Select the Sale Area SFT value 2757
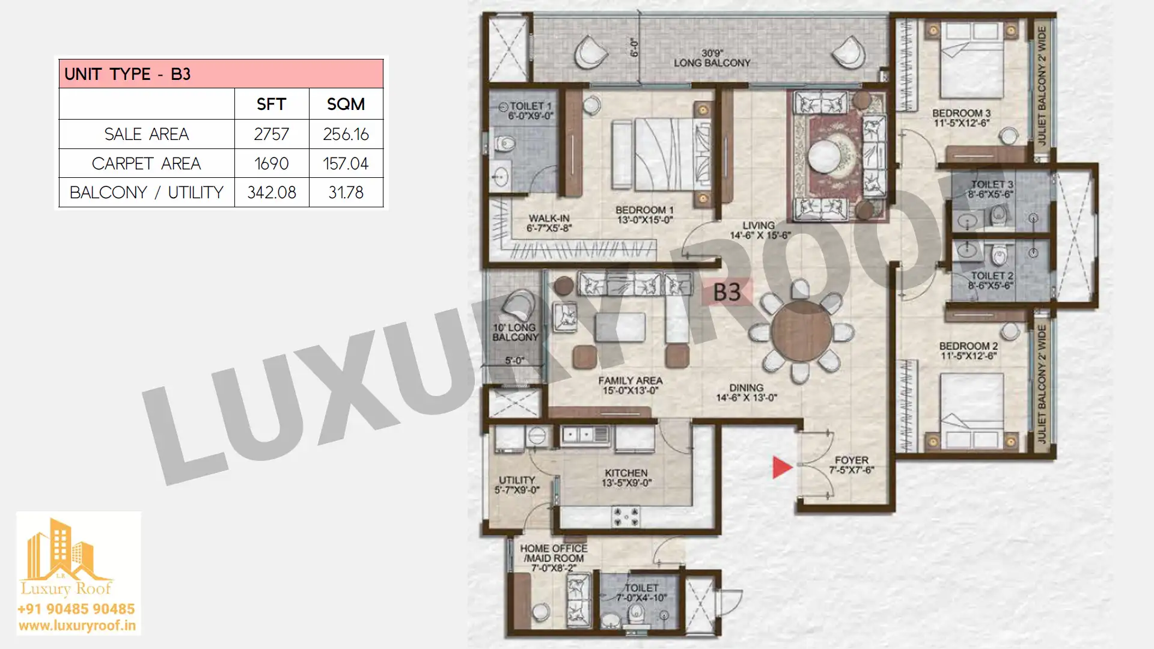click(271, 134)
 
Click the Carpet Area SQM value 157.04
click(346, 163)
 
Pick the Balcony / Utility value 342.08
click(272, 192)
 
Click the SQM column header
click(346, 104)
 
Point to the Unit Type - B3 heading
click(127, 74)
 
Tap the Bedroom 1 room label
click(644, 215)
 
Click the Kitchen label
click(626, 478)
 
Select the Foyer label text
click(852, 465)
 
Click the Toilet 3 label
click(991, 189)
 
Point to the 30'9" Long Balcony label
click(712, 58)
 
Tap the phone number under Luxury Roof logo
click(76, 609)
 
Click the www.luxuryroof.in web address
click(77, 626)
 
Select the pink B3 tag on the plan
click(727, 293)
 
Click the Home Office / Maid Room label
click(554, 558)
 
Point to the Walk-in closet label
click(549, 223)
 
